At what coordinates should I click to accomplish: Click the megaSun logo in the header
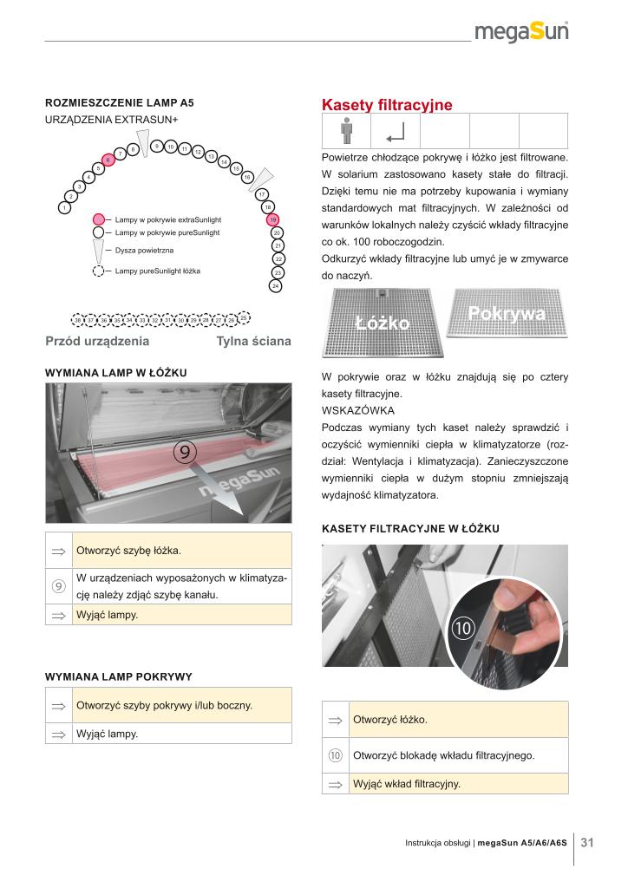click(522, 33)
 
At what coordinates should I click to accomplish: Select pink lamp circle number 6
click(108, 160)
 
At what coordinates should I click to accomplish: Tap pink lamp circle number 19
click(272, 220)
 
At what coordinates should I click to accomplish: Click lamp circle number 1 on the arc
click(63, 208)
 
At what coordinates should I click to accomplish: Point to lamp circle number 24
click(275, 284)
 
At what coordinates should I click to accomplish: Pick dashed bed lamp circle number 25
click(244, 318)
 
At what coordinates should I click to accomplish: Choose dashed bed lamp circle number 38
click(78, 321)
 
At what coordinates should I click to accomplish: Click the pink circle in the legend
click(99, 220)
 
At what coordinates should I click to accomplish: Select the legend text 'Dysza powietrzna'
click(145, 250)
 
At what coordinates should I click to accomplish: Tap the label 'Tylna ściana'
click(253, 342)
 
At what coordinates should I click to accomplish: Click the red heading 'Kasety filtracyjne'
click(387, 105)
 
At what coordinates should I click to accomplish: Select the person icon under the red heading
click(346, 132)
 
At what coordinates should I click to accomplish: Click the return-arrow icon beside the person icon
click(396, 133)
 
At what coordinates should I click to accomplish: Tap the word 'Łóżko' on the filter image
click(382, 323)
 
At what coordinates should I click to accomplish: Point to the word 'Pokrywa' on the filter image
click(507, 314)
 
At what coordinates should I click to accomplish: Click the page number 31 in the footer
click(587, 842)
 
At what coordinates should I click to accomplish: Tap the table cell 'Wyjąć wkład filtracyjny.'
click(407, 784)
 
